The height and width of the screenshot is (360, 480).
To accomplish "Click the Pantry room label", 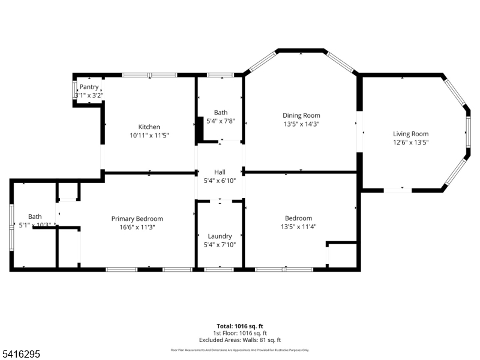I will point(89,87).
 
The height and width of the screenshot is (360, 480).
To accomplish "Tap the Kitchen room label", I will point(149,127).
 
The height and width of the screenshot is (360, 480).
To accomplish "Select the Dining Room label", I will point(301,115).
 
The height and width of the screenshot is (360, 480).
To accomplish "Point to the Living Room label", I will point(410,134).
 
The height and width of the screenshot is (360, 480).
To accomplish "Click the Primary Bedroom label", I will point(137,218).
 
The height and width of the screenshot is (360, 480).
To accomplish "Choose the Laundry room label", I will point(220,236).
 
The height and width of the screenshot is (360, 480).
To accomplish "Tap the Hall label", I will point(220,172).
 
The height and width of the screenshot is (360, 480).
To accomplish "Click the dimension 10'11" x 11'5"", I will point(149,136).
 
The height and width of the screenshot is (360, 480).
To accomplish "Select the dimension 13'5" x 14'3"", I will point(301,124).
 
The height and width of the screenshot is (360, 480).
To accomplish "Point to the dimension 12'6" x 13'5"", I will point(410,142).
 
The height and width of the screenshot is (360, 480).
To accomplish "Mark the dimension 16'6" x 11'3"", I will point(137,227).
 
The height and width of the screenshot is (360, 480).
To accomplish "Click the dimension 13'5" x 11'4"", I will point(298,226).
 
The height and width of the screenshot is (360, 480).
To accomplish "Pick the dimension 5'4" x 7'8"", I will point(220,121).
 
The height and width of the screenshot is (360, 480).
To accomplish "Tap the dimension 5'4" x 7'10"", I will point(220,244).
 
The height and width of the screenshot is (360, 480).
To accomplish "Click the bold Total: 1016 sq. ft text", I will point(239,326).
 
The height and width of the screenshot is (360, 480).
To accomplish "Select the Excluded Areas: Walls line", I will point(239,340).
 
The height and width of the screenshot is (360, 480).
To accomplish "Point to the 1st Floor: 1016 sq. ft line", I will point(239,333).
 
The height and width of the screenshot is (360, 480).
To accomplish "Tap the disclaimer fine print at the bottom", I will point(239,350).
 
